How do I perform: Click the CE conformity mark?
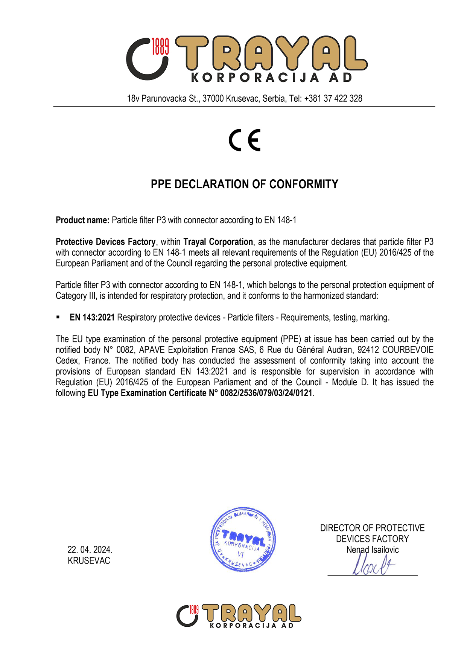(x=245, y=140)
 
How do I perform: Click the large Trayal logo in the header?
(x=246, y=59)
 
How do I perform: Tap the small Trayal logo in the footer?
(x=239, y=616)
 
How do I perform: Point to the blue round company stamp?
(x=243, y=539)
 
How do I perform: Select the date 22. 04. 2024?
(x=90, y=550)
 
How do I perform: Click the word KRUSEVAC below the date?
(x=89, y=561)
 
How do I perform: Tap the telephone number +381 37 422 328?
(x=333, y=99)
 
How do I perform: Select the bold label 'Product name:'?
(x=82, y=220)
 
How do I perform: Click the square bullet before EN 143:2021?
(x=58, y=317)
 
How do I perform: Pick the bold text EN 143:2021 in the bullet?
(x=92, y=318)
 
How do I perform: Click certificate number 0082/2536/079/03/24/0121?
(x=266, y=393)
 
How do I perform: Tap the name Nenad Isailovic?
(x=373, y=550)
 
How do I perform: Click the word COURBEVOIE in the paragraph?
(x=408, y=350)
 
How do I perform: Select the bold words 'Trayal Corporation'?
(x=218, y=242)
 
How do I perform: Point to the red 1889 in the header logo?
(x=160, y=47)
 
